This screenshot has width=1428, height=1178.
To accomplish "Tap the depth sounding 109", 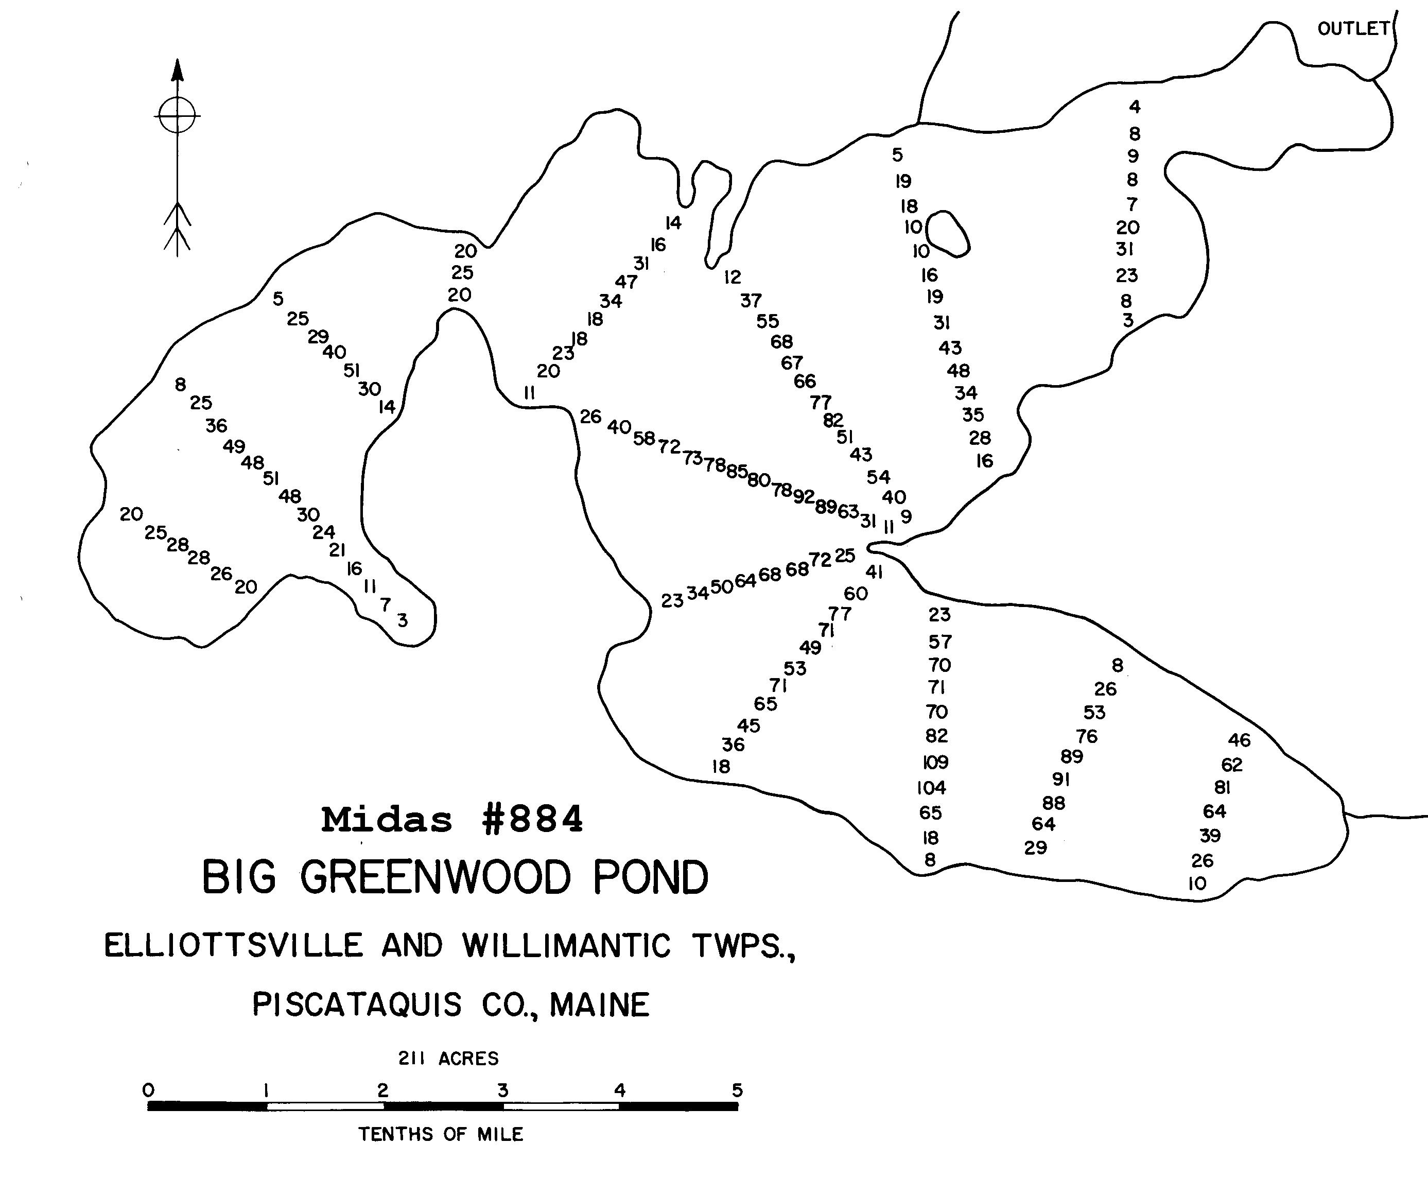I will (x=935, y=762).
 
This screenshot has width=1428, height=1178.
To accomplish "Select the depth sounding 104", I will (x=931, y=788).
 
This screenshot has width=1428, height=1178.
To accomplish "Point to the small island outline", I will (x=948, y=234).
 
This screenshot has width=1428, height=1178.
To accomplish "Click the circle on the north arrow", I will (x=177, y=115).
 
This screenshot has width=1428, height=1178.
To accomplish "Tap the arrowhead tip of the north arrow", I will (x=177, y=62).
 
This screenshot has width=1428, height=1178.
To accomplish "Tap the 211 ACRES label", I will (x=448, y=1059).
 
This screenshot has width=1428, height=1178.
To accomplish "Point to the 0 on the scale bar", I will (x=149, y=1090).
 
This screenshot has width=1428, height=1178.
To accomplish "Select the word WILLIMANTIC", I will (x=566, y=946).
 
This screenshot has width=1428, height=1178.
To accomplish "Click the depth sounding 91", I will (x=1061, y=779).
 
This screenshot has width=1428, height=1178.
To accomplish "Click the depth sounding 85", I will (x=737, y=471).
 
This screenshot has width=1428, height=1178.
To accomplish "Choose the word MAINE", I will (x=600, y=1004).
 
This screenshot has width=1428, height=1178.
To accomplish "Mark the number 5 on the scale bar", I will (x=737, y=1090).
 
